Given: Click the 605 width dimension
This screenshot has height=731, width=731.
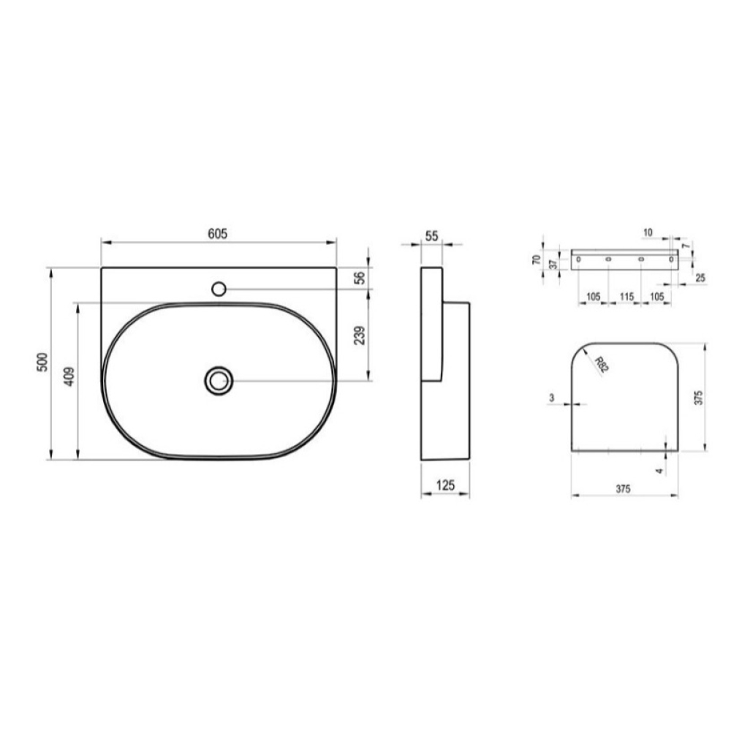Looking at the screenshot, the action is point(217,234).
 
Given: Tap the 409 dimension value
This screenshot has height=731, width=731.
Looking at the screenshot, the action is point(69,376).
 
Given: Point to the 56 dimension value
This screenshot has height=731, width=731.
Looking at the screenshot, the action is point(360,278).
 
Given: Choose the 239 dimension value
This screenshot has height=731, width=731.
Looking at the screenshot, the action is point(360,336).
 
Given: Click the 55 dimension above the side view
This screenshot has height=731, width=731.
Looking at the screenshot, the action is point(432,236).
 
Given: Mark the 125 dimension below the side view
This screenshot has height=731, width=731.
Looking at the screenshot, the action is point(444,485).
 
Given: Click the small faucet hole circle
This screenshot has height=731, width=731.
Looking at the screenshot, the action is point(219,289).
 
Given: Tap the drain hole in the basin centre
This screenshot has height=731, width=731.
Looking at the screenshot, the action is point(219,380).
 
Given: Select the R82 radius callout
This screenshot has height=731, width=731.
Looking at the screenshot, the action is point(602,364).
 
